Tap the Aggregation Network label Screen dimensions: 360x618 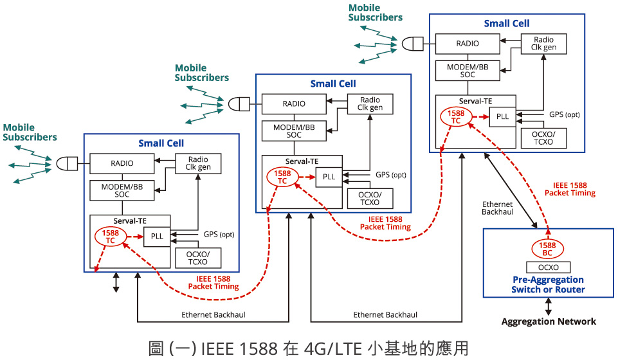coord(549,321)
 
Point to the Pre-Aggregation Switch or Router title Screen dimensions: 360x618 coord(548,284)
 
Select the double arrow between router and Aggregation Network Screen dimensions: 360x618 coord(549,306)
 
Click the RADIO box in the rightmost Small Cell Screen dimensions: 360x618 coord(468,44)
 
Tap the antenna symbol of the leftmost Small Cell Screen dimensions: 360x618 coord(67,163)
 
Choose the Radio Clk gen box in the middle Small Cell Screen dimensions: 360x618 coord(370,104)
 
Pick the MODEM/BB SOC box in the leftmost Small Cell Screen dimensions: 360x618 coord(122,190)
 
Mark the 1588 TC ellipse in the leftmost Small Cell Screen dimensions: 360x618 coord(110,237)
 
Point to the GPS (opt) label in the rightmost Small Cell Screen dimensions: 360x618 coord(564,114)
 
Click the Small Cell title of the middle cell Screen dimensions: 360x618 coord(332,84)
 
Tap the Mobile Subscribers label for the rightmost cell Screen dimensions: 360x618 coord(375,13)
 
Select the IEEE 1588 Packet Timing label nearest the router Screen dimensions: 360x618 coord(570,188)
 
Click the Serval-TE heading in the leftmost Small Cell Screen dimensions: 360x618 coord(129,221)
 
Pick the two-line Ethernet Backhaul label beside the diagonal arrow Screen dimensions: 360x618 coord(497,208)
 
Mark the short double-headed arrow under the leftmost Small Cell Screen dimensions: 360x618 coord(116,282)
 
